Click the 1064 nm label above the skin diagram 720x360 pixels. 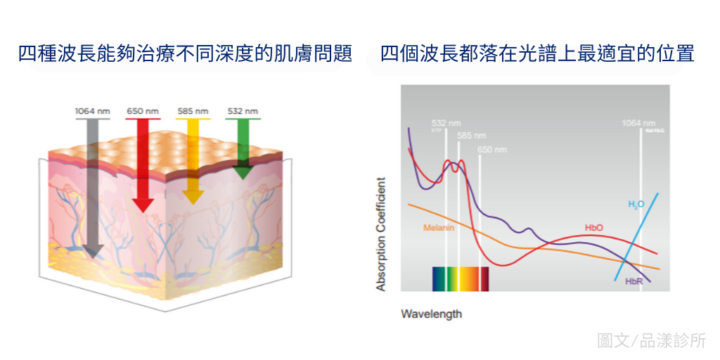point(92,111)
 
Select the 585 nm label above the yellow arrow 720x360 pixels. point(193,111)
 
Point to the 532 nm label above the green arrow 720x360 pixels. point(243,111)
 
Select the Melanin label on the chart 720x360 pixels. point(439,228)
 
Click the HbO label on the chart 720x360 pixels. point(594,228)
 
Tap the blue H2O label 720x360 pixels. point(636,204)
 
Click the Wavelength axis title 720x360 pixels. point(431,314)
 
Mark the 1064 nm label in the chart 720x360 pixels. point(638,123)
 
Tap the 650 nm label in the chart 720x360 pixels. point(491,149)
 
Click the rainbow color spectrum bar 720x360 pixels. point(460,278)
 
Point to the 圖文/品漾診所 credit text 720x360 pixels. point(651,341)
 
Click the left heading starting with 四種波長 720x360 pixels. point(185,54)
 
